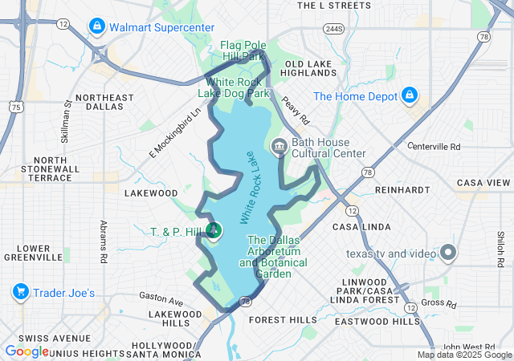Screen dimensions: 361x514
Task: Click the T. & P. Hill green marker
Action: [214, 232]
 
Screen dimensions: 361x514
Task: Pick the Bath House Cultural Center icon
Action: [279, 147]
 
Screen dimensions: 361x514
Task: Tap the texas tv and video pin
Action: [447, 254]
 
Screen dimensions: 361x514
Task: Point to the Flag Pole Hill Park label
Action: [243, 51]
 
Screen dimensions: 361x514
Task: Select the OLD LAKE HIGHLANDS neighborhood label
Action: [315, 69]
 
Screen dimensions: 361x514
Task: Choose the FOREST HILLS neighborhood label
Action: [284, 319]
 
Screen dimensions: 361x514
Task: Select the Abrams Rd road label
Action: [103, 241]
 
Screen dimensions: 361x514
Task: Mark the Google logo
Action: [27, 351]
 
